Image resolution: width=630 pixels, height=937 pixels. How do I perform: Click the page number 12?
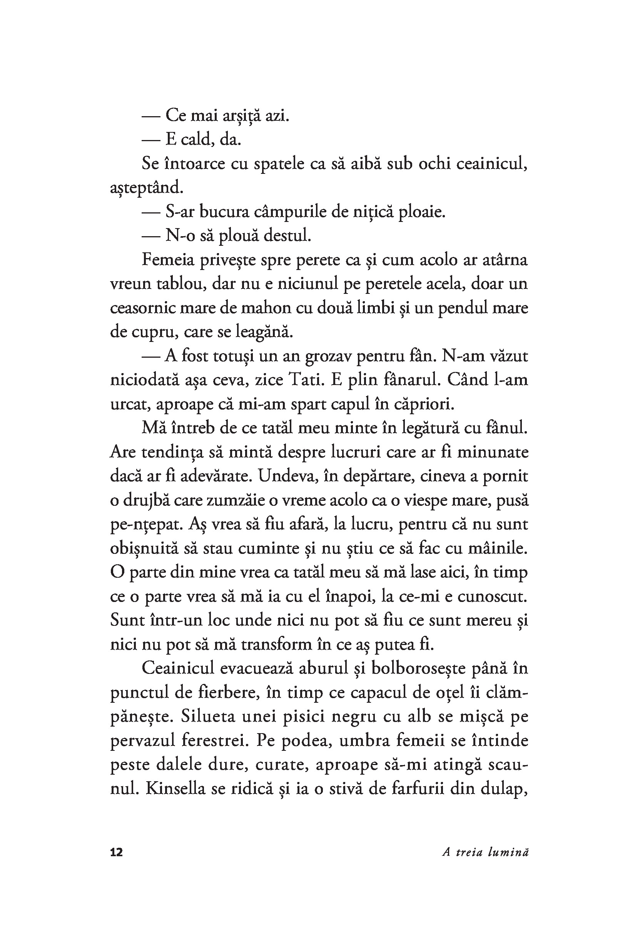click(117, 852)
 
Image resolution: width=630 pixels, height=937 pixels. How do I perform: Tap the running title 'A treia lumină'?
click(485, 852)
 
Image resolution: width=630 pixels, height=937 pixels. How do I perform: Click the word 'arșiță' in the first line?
click(234, 116)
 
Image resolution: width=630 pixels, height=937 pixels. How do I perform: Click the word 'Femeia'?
click(167, 260)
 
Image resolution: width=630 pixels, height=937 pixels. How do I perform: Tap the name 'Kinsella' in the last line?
click(174, 789)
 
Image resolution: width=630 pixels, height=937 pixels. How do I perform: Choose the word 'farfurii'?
click(418, 789)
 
